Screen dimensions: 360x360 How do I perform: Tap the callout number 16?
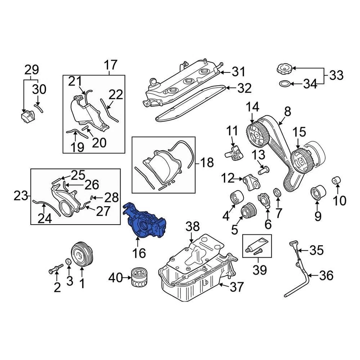139,253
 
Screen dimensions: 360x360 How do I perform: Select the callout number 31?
238,72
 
